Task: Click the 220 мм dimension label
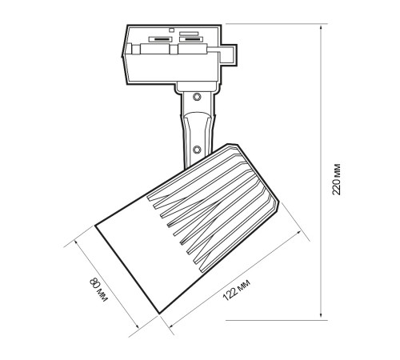(337, 179)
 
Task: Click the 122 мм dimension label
(236, 290)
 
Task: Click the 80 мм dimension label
(98, 290)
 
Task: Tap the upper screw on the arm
(197, 97)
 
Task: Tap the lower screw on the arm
(197, 150)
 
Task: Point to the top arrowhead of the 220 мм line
(321, 27)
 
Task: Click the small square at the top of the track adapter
(172, 30)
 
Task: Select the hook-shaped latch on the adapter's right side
(227, 54)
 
